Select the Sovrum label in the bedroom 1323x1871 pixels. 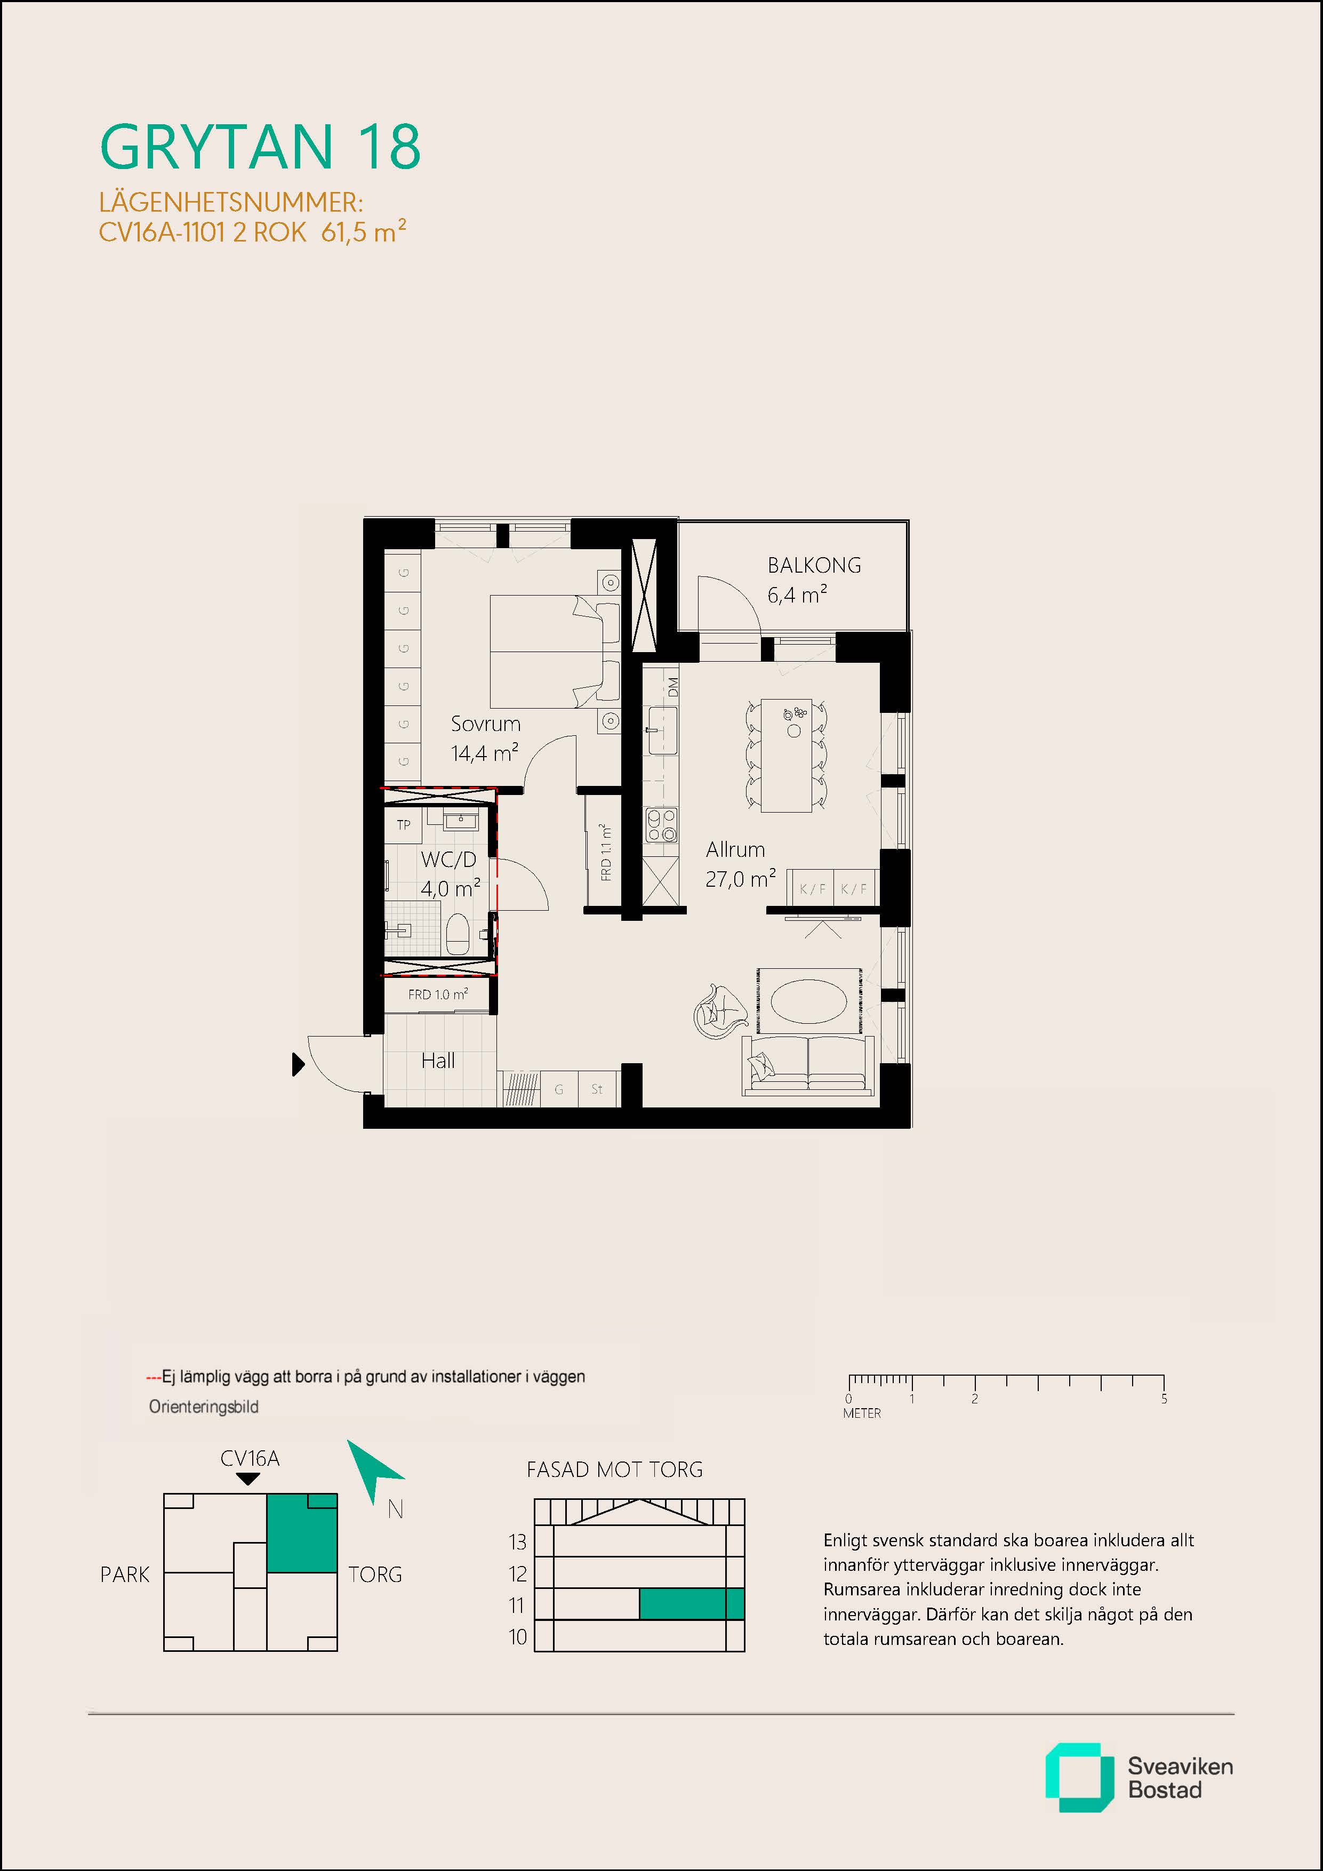point(485,724)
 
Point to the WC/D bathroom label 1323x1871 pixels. point(448,859)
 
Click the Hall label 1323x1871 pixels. point(438,1060)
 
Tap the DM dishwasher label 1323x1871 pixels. point(672,687)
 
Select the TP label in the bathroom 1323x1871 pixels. point(404,825)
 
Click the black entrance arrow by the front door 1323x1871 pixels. point(298,1064)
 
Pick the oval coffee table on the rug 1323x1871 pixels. point(808,1001)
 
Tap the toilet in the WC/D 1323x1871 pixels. point(458,933)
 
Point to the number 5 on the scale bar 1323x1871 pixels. point(1164,1399)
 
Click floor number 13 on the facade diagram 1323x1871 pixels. point(518,1542)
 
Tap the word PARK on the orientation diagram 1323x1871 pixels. point(125,1575)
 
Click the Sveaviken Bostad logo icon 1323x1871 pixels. point(1079,1777)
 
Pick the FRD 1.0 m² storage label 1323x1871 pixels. point(438,994)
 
